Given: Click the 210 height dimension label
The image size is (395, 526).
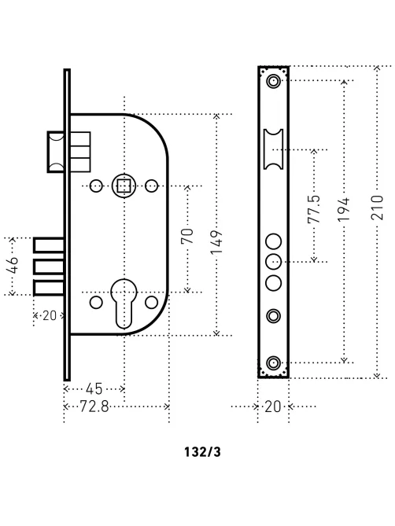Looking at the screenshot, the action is (x=377, y=208).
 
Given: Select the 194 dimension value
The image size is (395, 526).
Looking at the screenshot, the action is (x=344, y=209).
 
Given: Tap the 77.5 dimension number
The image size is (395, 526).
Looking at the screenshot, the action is (x=314, y=209).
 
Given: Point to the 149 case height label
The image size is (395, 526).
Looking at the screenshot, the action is (x=216, y=242).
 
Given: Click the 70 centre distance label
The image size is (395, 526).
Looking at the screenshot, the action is (x=187, y=236).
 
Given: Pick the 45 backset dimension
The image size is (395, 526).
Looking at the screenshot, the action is (x=94, y=388).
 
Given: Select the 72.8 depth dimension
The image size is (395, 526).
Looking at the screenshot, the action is (x=94, y=406).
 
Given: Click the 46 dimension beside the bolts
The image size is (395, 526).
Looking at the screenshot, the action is (x=13, y=265).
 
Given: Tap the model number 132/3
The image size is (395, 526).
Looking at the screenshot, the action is (x=202, y=452).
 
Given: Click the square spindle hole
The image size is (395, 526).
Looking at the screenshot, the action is (x=124, y=186).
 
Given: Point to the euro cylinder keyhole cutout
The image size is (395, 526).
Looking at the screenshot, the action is (x=124, y=303).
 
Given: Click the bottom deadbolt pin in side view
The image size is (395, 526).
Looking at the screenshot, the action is (x=49, y=288).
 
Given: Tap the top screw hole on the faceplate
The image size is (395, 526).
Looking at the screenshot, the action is (x=273, y=81).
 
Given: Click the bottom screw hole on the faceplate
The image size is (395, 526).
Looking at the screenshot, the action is (x=273, y=363).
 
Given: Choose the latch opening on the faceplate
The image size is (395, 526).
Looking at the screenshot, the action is (x=273, y=149).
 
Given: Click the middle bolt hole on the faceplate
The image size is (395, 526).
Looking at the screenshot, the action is (x=274, y=262).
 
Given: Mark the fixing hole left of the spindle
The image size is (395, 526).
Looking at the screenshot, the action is (x=96, y=186).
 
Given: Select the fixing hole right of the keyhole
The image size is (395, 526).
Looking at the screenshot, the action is (x=151, y=302).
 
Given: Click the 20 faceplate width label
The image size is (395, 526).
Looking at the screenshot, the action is (x=273, y=406).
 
